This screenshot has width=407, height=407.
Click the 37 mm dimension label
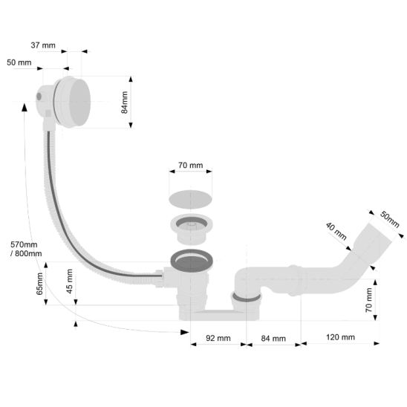[43, 45]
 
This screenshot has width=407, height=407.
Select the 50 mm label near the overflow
[19, 62]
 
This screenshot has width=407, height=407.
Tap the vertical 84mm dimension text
[125, 102]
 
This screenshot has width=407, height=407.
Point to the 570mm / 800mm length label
[26, 249]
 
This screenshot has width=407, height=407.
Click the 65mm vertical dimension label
[39, 284]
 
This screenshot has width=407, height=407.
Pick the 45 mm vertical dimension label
[69, 281]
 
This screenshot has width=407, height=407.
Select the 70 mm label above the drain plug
[191, 165]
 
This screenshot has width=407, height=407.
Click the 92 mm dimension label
[218, 338]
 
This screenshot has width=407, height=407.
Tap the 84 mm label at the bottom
[273, 338]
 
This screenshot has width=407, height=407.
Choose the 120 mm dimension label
[340, 337]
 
